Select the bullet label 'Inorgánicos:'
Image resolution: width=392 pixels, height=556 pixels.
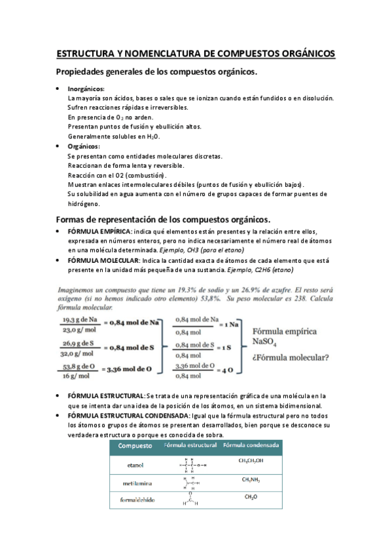coord(86,89)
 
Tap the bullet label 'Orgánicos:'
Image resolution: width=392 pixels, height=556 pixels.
coord(84,146)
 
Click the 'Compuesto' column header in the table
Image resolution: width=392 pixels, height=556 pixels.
coord(135,446)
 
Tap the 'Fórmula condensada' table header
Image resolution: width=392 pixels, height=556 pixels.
coord(251,446)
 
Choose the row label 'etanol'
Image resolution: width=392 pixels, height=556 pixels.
coord(135,465)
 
